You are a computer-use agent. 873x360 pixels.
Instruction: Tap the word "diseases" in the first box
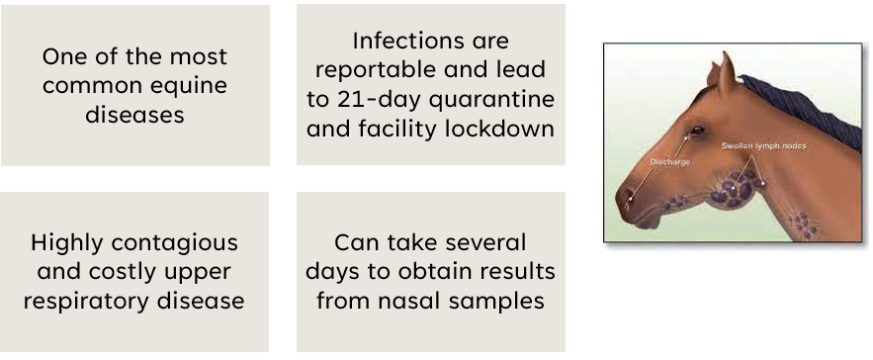pos(134,115)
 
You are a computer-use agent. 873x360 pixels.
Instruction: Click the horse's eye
pos(696,131)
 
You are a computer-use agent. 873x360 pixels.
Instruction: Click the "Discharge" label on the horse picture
pos(669,162)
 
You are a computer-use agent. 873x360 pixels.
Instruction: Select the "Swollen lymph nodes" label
pos(763,146)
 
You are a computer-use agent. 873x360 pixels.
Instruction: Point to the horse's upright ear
pos(726,72)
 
